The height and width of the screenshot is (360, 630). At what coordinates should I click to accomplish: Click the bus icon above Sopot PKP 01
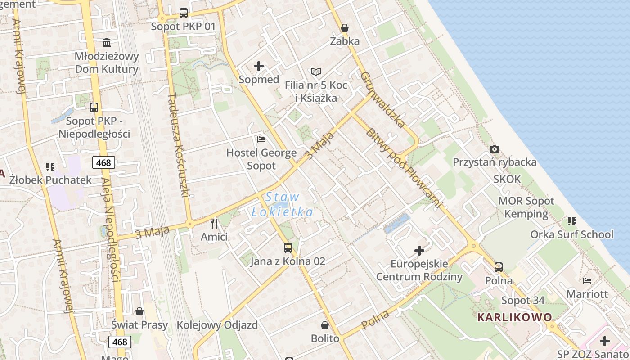click(x=183, y=13)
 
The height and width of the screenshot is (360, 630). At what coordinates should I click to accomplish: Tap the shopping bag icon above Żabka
click(x=345, y=28)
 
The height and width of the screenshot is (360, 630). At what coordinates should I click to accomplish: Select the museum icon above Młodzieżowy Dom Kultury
click(x=107, y=43)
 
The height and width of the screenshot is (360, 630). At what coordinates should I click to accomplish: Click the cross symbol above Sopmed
click(x=259, y=66)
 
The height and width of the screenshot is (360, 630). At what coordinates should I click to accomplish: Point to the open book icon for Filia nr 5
click(x=316, y=72)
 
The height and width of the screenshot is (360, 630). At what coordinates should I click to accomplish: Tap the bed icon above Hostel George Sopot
click(x=261, y=139)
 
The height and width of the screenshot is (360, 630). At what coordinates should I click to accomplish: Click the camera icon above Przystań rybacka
click(x=495, y=149)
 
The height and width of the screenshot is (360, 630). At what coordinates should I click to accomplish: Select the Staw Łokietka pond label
click(x=282, y=204)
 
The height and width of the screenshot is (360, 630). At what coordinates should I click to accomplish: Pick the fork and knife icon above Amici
click(x=214, y=223)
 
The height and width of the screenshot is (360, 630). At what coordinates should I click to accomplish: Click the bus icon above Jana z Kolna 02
click(x=288, y=247)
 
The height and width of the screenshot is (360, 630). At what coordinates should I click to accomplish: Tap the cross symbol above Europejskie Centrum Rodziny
click(x=419, y=250)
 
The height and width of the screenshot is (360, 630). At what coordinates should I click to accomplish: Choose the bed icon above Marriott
click(x=587, y=281)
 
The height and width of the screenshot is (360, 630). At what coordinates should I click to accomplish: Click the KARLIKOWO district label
click(x=514, y=317)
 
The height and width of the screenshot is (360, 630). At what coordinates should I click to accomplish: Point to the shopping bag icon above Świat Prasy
click(x=139, y=311)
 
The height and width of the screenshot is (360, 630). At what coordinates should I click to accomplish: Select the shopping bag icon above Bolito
click(x=325, y=325)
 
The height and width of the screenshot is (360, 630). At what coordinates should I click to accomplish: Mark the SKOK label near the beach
click(x=507, y=179)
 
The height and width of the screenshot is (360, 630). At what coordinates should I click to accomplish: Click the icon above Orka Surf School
click(x=572, y=221)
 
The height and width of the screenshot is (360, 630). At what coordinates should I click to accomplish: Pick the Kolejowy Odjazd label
click(x=217, y=325)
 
